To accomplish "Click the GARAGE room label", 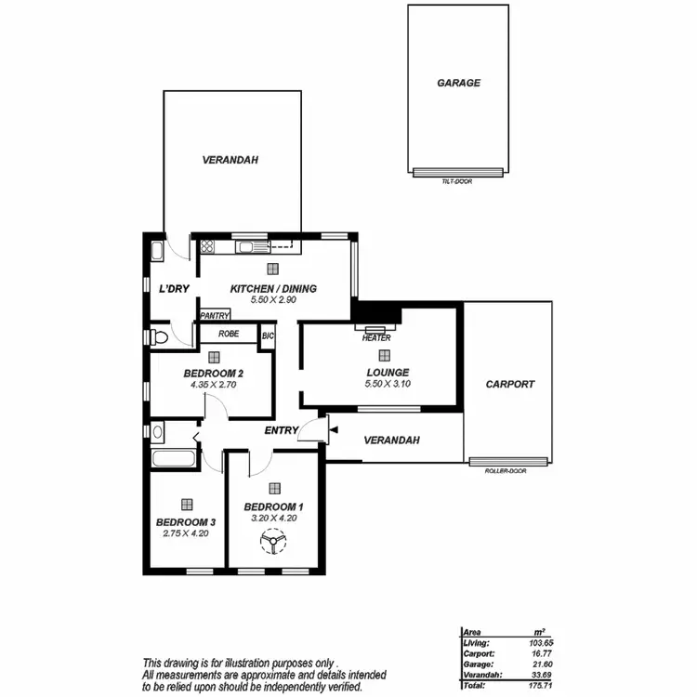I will tap(458, 83).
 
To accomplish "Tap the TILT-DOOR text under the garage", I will tap(457, 181).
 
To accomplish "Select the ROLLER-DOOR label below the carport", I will tap(506, 471).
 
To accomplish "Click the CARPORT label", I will tap(510, 384).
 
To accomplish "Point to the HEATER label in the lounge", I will tap(376, 338).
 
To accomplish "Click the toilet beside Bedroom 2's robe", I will tap(159, 335).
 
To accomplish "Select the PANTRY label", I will tap(215, 316).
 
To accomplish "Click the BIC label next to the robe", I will tap(268, 335).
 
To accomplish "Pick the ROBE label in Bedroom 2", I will tap(228, 334).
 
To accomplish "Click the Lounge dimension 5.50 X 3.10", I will tap(387, 384).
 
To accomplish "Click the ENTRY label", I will tap(281, 430).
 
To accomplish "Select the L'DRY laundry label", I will tap(174, 289).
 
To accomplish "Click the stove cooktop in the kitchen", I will tap(207, 246).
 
